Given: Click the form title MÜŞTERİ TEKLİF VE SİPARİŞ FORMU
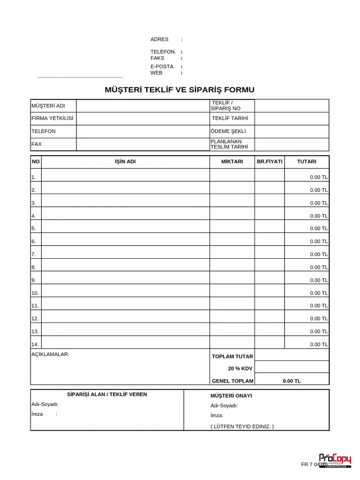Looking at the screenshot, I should [x=180, y=90].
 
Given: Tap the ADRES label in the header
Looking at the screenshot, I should [x=159, y=39].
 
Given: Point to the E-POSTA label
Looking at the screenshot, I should [x=162, y=67].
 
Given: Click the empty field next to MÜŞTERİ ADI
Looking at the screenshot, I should [x=142, y=106].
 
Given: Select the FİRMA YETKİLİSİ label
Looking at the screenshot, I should [x=52, y=119].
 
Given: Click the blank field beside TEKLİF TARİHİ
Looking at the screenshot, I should [x=292, y=119].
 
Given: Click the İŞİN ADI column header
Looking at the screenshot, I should [x=125, y=162].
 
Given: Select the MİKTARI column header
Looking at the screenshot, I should [x=232, y=162].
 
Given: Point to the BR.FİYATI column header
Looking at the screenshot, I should [x=270, y=162].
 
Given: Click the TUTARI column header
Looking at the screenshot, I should [x=307, y=162].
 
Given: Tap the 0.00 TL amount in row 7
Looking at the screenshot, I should [x=319, y=255].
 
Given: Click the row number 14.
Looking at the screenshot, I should [x=35, y=345].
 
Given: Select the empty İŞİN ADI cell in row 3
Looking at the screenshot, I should [x=125, y=201].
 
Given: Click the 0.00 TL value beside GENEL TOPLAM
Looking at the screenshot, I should [x=292, y=381].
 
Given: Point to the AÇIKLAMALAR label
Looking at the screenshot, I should [x=50, y=354].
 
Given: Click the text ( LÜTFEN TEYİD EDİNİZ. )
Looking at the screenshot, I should [x=242, y=427].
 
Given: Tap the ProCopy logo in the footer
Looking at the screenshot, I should [x=335, y=459].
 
